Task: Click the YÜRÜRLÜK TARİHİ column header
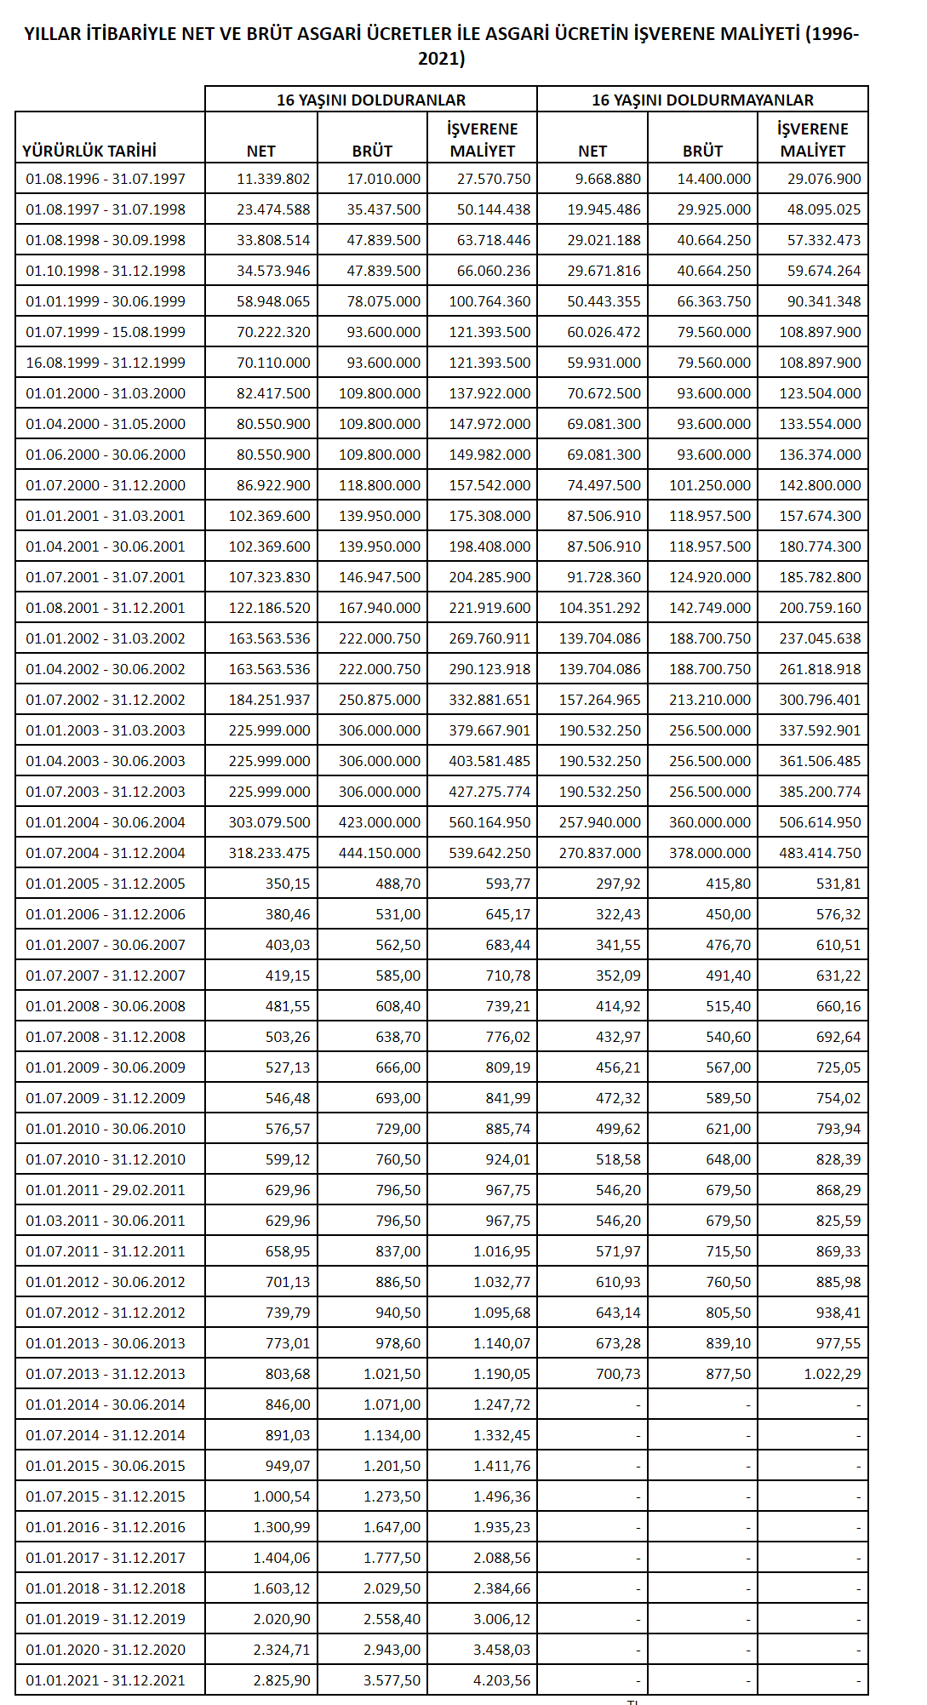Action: [x=89, y=151]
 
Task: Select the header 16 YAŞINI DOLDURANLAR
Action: [x=371, y=100]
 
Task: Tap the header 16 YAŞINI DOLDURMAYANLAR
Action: [x=702, y=100]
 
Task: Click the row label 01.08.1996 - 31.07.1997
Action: [x=106, y=179]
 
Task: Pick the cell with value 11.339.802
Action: [x=273, y=179]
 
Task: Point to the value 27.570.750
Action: [x=494, y=179]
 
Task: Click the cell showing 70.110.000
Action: [x=273, y=363]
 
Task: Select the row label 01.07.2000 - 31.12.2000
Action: [x=106, y=485]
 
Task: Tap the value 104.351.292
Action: [x=599, y=608]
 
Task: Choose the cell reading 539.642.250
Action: [x=489, y=853]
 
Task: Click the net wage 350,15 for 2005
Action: [x=288, y=884]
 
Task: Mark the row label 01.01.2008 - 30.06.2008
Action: [x=106, y=1006]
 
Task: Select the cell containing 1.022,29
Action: [x=832, y=1374]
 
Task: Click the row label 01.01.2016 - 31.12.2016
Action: [x=106, y=1527]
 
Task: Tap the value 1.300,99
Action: [x=282, y=1527]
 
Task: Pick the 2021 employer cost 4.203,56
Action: [x=501, y=1680]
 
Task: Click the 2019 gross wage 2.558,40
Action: [x=392, y=1619]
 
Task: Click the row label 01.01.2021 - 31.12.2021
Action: [x=106, y=1680]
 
